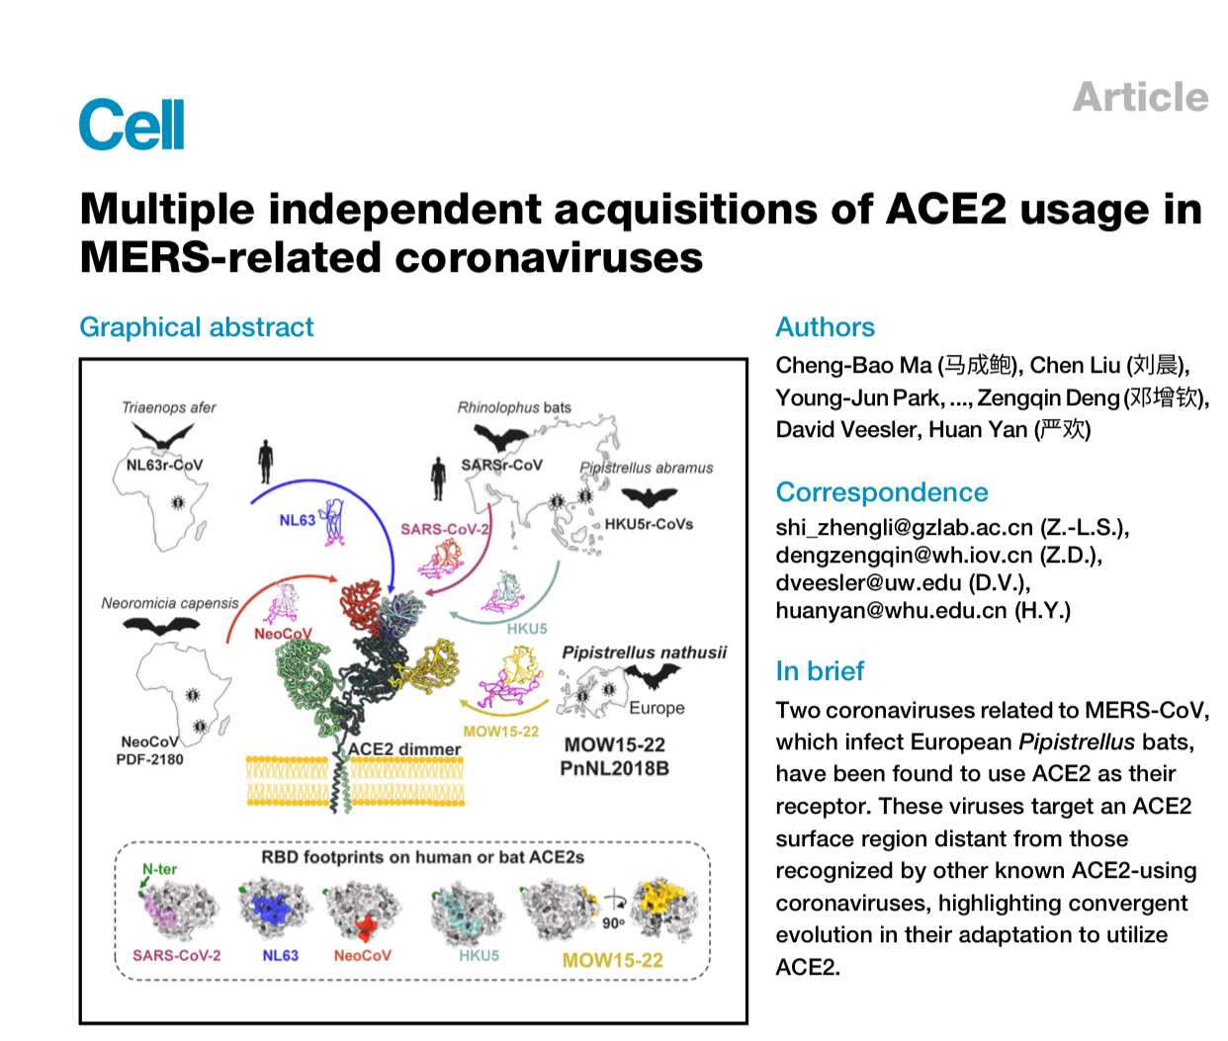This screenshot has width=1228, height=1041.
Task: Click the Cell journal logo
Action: (132, 126)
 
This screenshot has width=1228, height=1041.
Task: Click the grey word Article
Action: (1140, 98)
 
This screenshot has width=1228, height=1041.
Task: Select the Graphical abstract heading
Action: (196, 327)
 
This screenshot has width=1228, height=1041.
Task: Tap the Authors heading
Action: (825, 327)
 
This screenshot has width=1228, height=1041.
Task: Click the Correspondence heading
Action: (881, 492)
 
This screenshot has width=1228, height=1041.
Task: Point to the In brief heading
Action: (820, 671)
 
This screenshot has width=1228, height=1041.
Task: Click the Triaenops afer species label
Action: (168, 407)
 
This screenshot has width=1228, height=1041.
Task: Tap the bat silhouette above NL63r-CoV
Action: (162, 436)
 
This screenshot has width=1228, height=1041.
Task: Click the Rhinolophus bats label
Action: (513, 407)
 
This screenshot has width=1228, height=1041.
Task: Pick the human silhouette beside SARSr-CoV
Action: (438, 477)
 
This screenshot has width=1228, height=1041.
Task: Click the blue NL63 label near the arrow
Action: (297, 520)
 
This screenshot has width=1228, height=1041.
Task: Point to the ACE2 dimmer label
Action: (404, 749)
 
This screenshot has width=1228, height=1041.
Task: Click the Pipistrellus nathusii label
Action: (644, 652)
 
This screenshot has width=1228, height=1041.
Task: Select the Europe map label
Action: (657, 708)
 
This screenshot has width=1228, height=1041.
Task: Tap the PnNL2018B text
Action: (614, 768)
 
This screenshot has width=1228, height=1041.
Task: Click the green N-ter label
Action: (159, 869)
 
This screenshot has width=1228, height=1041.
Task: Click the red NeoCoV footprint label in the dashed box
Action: (362, 956)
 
